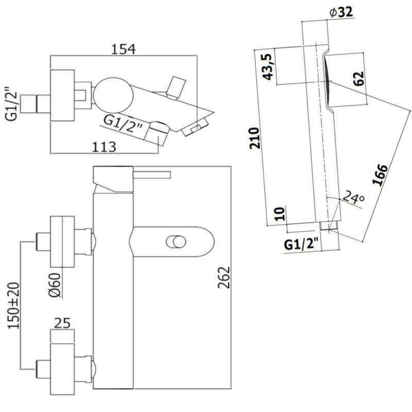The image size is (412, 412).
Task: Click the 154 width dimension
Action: pyautogui.click(x=124, y=49)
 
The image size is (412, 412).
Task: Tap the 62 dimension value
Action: pyautogui.click(x=359, y=78)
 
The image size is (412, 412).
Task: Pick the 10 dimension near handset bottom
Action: pyautogui.click(x=280, y=214)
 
